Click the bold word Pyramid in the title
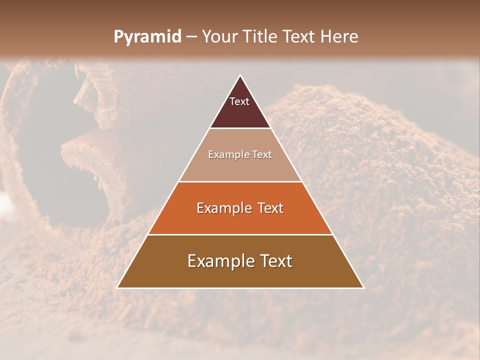click(147, 37)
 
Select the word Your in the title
click(219, 37)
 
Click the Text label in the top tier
click(239, 101)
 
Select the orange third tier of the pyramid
click(240, 220)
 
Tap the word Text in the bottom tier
click(275, 261)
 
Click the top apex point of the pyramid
click(240, 75)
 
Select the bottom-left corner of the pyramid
click(118, 287)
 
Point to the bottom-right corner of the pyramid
click(363, 287)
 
